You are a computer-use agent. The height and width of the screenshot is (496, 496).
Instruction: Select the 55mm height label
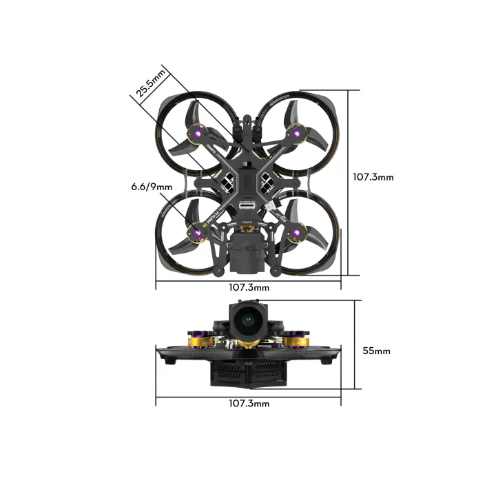(376, 351)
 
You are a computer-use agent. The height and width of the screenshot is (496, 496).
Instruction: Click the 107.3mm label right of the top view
(373, 177)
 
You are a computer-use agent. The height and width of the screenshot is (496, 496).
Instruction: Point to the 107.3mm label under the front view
(249, 404)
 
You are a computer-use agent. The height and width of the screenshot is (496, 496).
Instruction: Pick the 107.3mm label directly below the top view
(249, 287)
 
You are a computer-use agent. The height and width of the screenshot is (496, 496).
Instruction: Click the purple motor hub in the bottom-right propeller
(299, 234)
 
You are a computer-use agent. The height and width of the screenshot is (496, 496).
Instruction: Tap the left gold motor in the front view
(198, 339)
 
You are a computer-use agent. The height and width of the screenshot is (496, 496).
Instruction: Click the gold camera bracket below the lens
(248, 342)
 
